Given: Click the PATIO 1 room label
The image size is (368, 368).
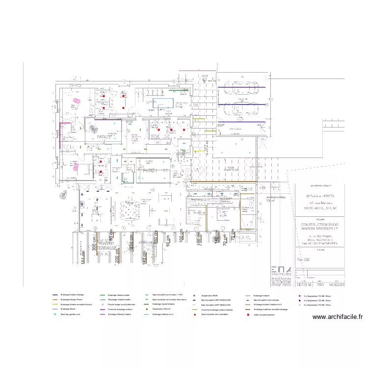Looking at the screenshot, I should (150, 170).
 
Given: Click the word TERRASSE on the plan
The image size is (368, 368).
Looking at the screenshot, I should (106, 249).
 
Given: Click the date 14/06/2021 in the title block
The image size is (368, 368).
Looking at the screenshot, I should (336, 284).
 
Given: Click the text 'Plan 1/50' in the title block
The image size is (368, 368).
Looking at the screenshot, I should (307, 259).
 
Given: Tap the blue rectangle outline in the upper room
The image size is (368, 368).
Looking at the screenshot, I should (162, 103).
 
